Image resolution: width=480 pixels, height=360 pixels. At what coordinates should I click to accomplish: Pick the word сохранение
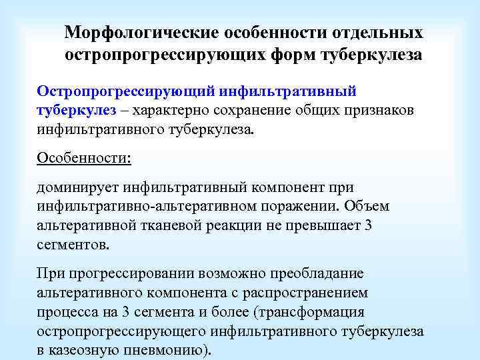click(x=248, y=109)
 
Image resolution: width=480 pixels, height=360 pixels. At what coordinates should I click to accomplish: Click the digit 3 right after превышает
click(x=369, y=225)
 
